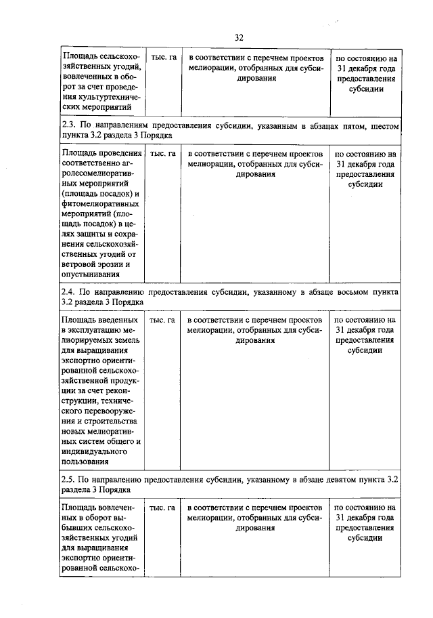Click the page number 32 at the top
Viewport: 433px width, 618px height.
coord(239,37)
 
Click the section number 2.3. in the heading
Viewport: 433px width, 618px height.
coord(68,125)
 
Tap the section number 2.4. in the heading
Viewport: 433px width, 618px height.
coord(68,291)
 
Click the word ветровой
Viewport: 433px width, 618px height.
coord(80,264)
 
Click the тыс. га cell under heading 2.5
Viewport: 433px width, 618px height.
coord(163,508)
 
